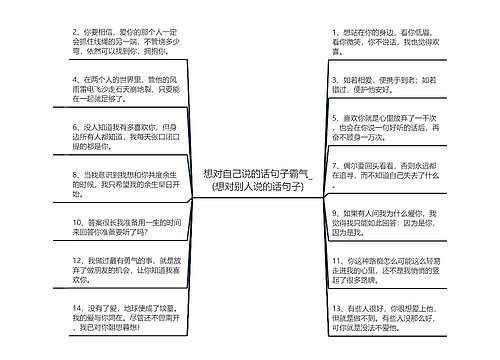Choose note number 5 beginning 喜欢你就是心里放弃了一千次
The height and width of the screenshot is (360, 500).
click(386, 137)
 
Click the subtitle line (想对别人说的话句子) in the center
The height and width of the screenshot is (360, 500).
click(250, 186)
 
